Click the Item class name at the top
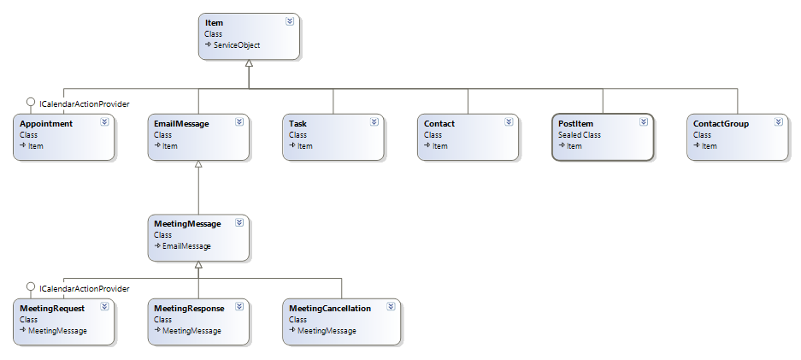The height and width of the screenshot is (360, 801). pyautogui.click(x=214, y=23)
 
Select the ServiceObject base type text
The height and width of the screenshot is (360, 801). pyautogui.click(x=237, y=44)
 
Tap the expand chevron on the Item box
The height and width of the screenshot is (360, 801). pyautogui.click(x=290, y=21)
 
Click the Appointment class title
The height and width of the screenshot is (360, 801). pyautogui.click(x=45, y=124)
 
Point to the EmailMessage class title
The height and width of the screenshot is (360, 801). pyautogui.click(x=181, y=124)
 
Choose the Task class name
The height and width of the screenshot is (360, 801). pyautogui.click(x=297, y=124)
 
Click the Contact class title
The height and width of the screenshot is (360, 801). pyautogui.click(x=439, y=124)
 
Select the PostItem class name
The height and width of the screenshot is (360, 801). pyautogui.click(x=575, y=124)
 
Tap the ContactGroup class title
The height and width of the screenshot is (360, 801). pyautogui.click(x=721, y=124)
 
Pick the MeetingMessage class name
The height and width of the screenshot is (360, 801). pyautogui.click(x=187, y=223)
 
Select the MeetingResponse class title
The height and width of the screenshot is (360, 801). pyautogui.click(x=189, y=308)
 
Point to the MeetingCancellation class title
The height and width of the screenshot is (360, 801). pyautogui.click(x=329, y=308)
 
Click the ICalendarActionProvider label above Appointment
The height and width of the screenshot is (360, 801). pyautogui.click(x=84, y=103)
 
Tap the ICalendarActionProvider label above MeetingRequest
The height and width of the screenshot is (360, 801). pyautogui.click(x=84, y=288)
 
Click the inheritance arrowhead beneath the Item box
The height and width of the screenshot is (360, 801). pyautogui.click(x=249, y=66)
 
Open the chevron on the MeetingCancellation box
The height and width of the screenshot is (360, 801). pyautogui.click(x=390, y=306)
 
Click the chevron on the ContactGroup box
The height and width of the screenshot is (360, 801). pyautogui.click(x=777, y=122)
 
